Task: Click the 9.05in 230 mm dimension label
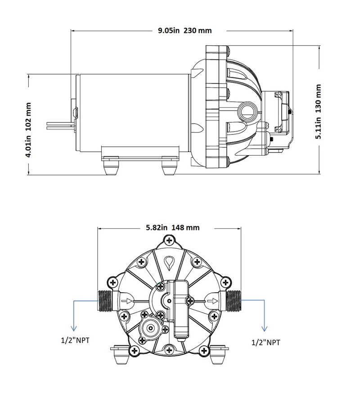coord(184,31)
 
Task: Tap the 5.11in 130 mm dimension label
coord(318,112)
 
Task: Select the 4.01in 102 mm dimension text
coord(28,129)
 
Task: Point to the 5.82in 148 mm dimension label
coord(172,228)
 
